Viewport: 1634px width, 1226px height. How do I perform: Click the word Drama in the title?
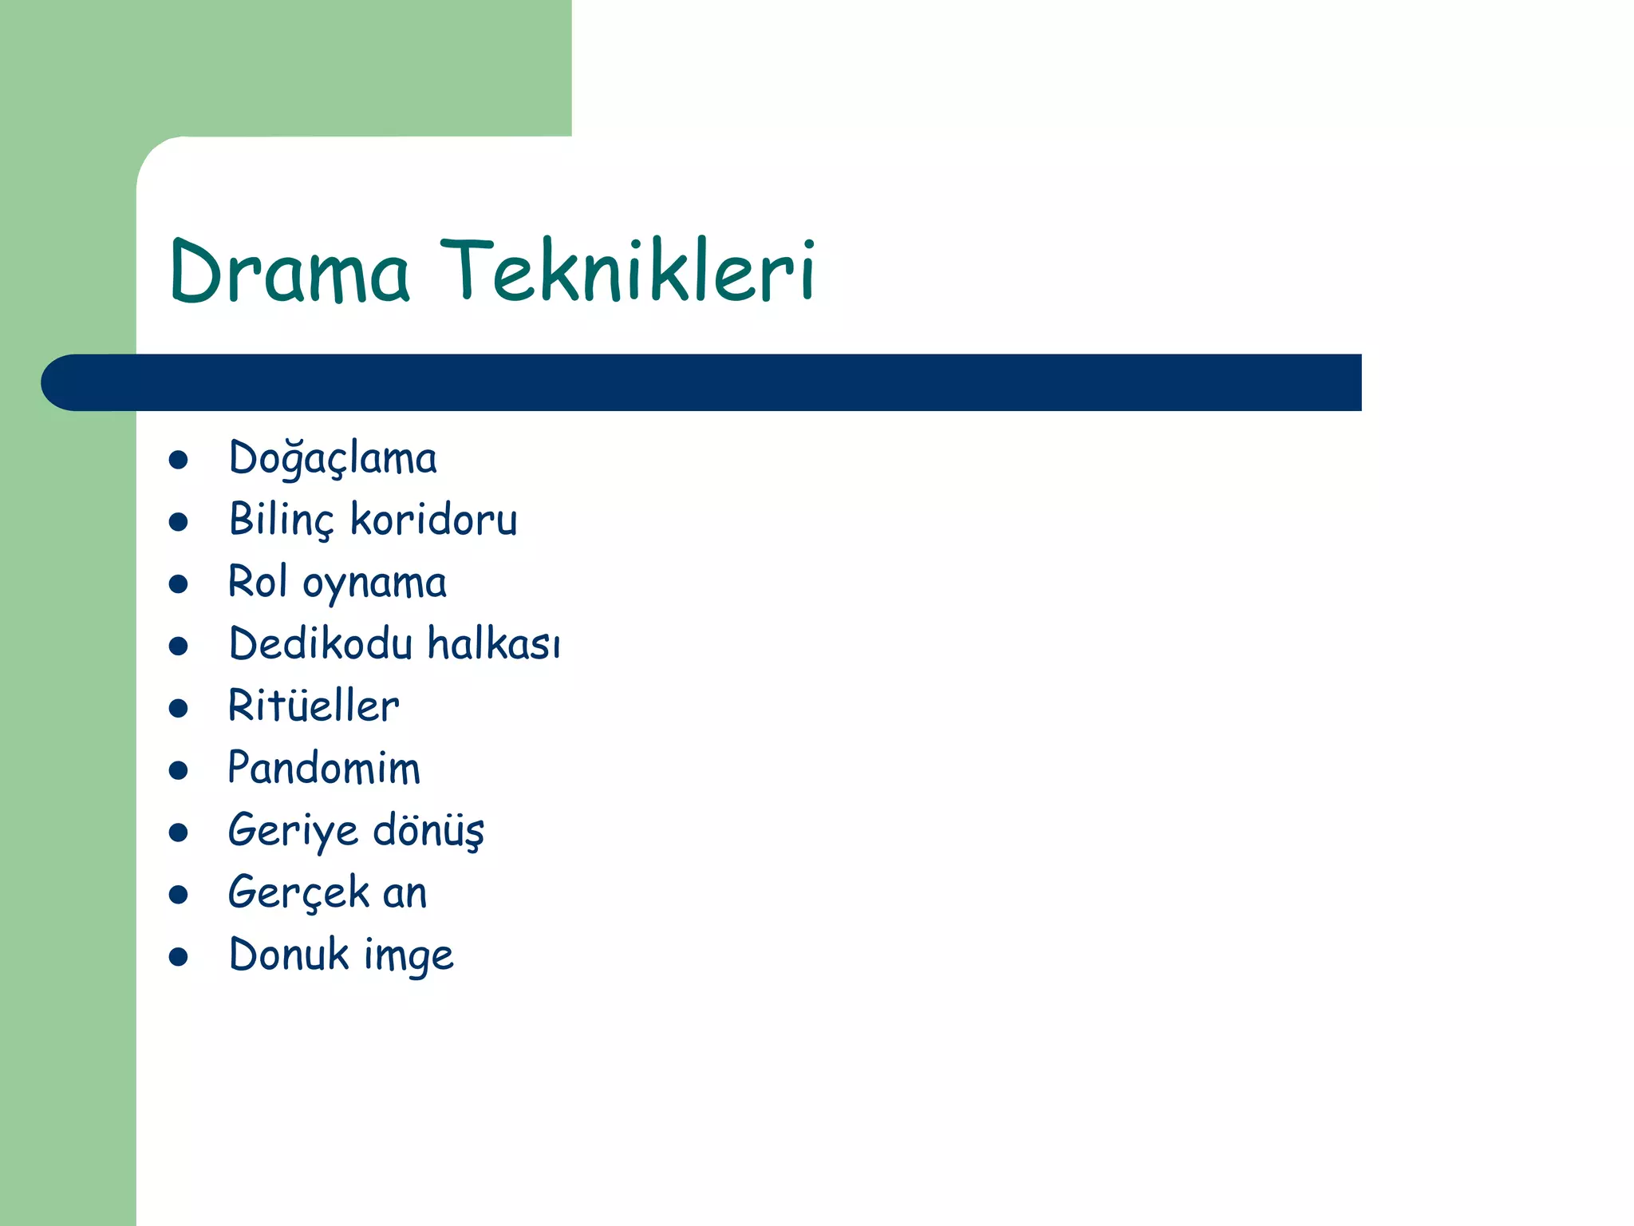(x=290, y=271)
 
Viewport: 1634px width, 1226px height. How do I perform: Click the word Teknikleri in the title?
(x=628, y=271)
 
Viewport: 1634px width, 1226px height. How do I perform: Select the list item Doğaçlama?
(x=333, y=459)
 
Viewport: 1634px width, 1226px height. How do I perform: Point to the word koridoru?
(x=434, y=520)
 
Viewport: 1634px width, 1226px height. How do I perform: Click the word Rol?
(x=257, y=582)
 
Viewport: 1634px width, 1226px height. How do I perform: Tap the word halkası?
(x=494, y=643)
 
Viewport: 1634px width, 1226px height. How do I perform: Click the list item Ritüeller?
(x=314, y=706)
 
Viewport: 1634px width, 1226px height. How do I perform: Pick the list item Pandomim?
(x=324, y=768)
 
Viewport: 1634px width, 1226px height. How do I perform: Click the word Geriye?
(x=293, y=831)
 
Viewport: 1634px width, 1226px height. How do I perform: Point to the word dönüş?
(x=428, y=831)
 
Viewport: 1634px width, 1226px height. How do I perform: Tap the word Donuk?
(x=289, y=955)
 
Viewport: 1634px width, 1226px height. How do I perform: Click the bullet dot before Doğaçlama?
(x=179, y=460)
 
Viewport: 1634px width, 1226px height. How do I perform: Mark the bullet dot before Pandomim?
(x=179, y=770)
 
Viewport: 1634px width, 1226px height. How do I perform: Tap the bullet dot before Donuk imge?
(x=179, y=957)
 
